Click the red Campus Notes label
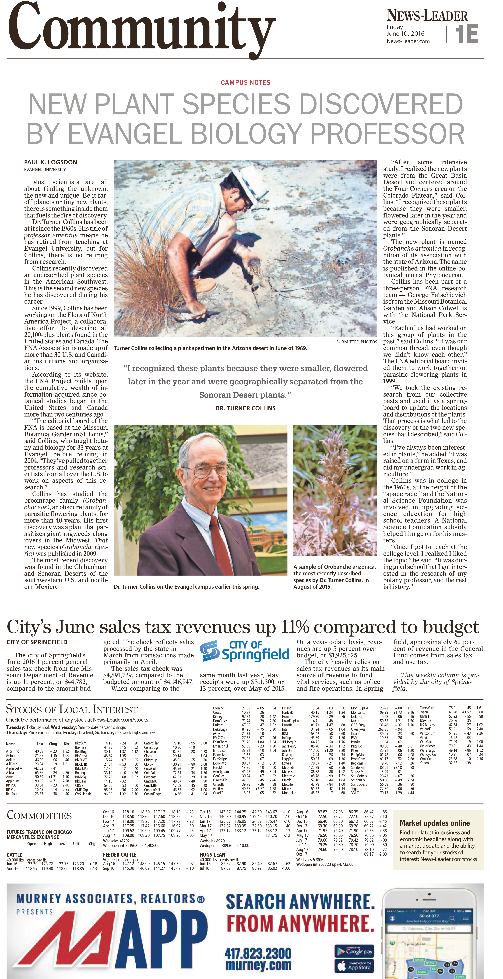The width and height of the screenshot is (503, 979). point(245,82)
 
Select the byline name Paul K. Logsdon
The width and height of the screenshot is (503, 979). point(51,162)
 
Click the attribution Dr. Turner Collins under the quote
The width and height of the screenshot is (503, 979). point(245,408)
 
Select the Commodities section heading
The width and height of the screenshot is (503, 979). point(39,815)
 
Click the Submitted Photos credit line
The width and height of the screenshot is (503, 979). point(356,342)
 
